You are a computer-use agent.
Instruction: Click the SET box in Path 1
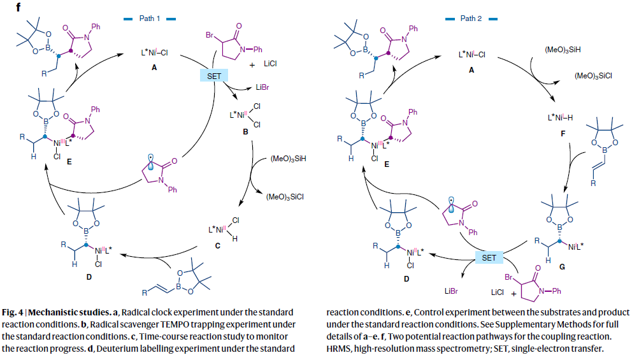tap(213, 76)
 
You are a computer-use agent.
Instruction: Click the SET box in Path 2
tap(489, 257)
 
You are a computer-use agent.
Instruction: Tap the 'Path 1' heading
tap(152, 18)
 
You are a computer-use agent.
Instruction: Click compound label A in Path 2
tap(472, 70)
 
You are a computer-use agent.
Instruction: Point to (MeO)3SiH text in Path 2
tap(562, 49)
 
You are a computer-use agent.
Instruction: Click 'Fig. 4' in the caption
tap(13, 312)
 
